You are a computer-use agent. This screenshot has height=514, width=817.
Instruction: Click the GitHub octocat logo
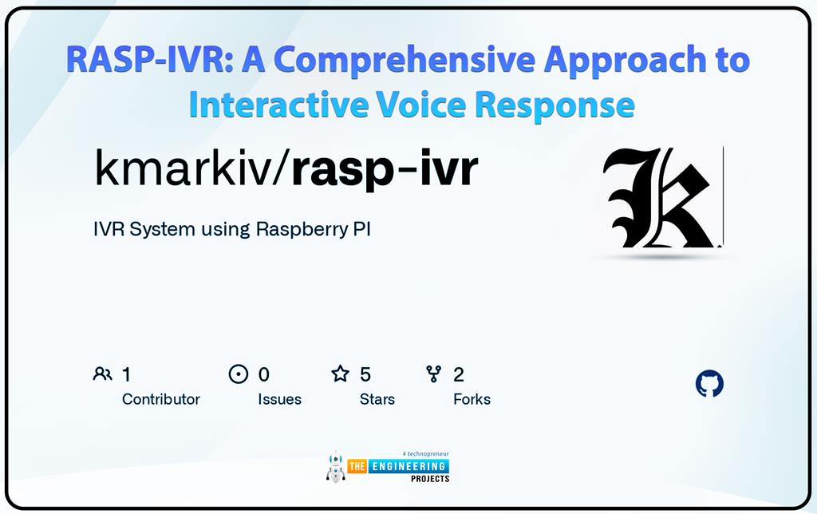(709, 384)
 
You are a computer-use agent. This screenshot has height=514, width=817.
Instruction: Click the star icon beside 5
(341, 374)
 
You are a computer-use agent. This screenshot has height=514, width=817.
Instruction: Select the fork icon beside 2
(434, 374)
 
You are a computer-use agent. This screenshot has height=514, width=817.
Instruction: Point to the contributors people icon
(102, 374)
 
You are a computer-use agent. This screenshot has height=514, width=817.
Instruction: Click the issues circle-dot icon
(239, 374)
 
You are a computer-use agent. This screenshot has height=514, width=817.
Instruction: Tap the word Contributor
(161, 399)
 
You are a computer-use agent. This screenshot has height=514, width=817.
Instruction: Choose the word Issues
(279, 399)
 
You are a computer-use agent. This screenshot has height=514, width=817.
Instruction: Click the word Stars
(377, 399)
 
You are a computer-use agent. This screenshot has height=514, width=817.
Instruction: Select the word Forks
(472, 399)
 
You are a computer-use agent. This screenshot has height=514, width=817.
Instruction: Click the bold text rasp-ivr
(385, 169)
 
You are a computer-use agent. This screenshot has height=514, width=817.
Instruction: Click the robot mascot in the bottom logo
(335, 469)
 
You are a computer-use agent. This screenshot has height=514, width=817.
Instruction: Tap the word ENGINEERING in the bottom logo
(408, 466)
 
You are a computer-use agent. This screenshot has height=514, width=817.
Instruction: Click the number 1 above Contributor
(126, 374)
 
